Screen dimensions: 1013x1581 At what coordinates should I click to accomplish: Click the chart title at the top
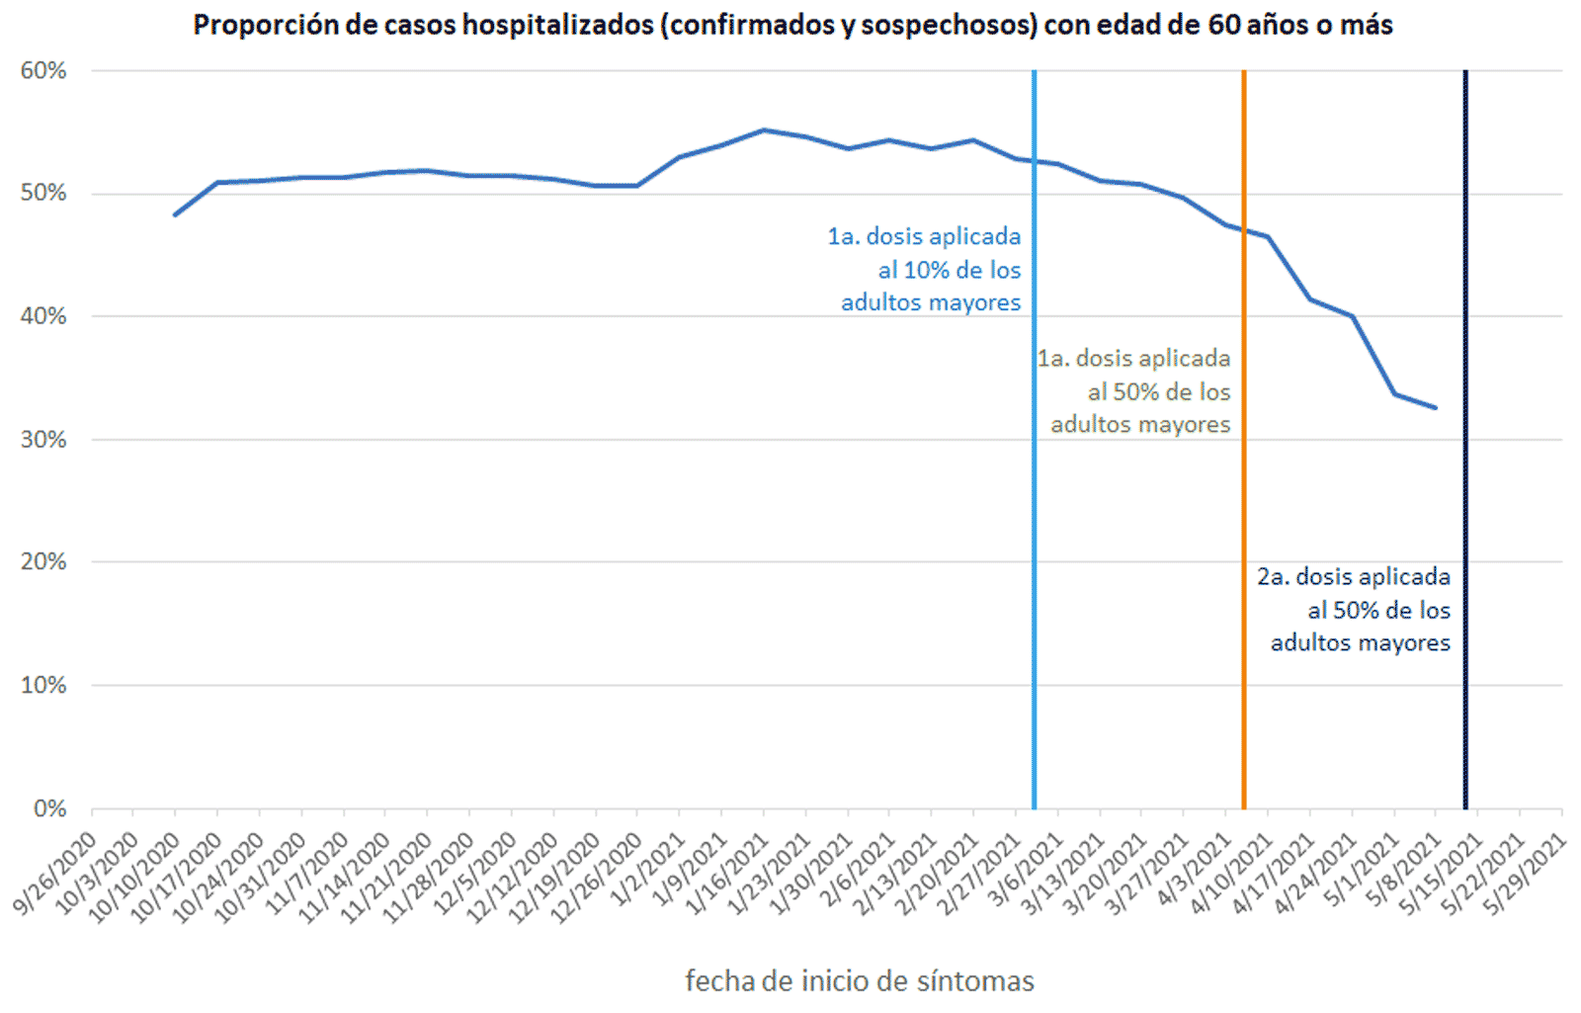792,25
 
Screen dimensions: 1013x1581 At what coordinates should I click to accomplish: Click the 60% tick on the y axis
43,71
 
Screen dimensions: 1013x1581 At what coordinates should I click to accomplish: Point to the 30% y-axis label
43,440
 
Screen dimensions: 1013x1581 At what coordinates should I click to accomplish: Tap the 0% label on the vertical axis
49,808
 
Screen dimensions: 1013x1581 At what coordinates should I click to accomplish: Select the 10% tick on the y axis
43,685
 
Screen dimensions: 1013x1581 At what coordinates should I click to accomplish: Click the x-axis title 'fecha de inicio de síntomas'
860,981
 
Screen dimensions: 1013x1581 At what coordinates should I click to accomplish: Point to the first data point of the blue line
175,214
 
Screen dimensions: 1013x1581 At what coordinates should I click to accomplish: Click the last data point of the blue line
1436,407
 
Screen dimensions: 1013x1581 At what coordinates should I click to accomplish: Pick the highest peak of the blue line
763,129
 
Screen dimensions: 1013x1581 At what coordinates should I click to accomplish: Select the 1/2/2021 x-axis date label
650,866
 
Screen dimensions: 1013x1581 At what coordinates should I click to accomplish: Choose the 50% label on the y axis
43,194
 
